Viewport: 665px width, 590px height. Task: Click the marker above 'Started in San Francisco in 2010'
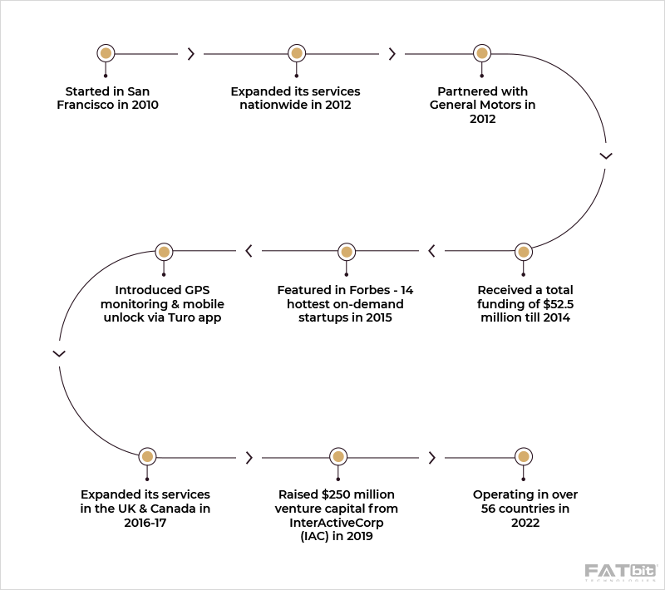click(x=106, y=53)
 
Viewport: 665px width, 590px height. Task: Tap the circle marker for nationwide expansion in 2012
click(x=295, y=53)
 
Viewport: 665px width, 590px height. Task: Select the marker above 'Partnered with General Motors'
click(x=481, y=53)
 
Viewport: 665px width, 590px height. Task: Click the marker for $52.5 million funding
click(x=523, y=251)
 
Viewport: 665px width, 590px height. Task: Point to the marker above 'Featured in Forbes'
click(x=346, y=251)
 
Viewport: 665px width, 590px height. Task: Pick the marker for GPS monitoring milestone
click(x=164, y=251)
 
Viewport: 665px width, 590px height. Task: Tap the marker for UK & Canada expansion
click(x=147, y=456)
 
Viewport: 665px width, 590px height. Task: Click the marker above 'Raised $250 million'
click(x=337, y=456)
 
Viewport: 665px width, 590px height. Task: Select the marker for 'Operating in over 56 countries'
click(x=524, y=456)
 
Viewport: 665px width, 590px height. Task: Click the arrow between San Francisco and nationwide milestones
click(x=191, y=54)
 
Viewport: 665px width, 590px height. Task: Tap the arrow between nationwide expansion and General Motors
click(x=392, y=54)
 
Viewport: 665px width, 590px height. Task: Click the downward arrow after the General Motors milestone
click(x=606, y=155)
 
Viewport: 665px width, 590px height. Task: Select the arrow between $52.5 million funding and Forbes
click(x=431, y=251)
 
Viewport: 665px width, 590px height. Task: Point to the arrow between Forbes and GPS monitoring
click(x=249, y=251)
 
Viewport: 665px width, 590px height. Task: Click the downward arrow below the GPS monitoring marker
click(x=59, y=353)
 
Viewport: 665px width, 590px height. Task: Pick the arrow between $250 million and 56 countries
click(x=431, y=457)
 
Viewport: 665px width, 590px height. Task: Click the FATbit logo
click(x=620, y=573)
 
